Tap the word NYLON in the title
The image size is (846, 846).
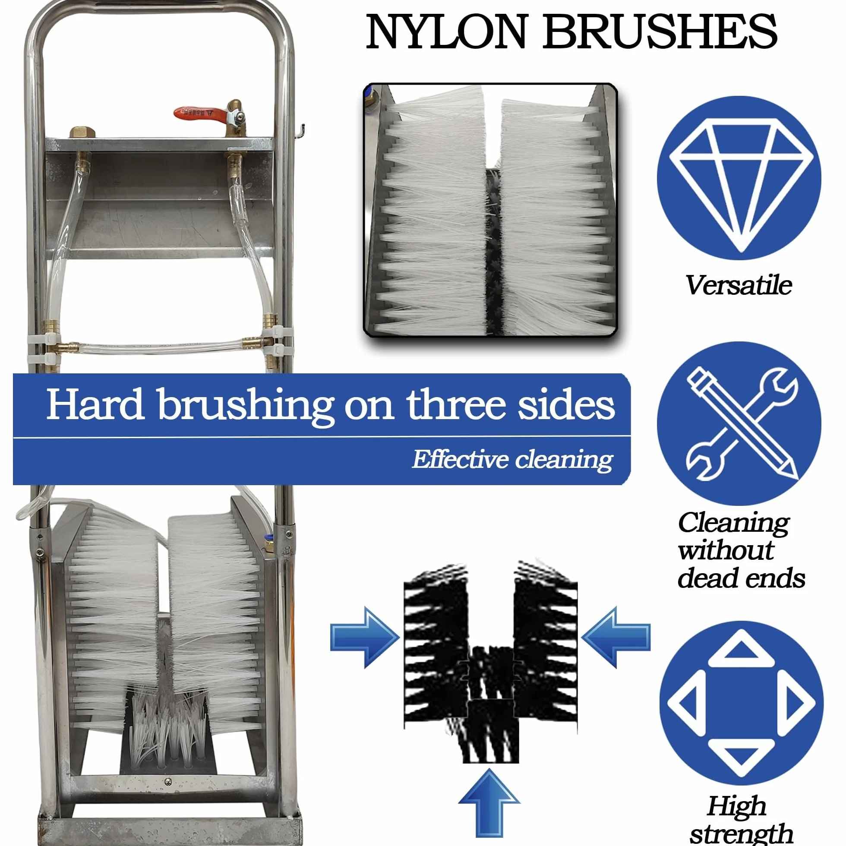[x=446, y=32]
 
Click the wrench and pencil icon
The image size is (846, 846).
[x=739, y=424]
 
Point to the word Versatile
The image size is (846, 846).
[x=738, y=285]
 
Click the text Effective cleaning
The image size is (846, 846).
[x=512, y=459]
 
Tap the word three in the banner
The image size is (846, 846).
[x=455, y=404]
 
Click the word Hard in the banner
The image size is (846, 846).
[x=95, y=403]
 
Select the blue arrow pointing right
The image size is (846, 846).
[x=365, y=638]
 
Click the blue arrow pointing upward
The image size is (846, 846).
[x=489, y=801]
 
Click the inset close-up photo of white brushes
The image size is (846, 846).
[x=490, y=210]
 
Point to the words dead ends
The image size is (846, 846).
[x=742, y=578]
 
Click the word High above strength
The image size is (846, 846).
[x=737, y=805]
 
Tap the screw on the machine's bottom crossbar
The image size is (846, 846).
[x=168, y=782]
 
